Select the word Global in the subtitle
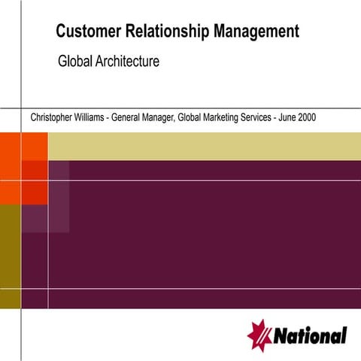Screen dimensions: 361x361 74,62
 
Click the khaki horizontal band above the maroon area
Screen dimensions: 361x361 203,145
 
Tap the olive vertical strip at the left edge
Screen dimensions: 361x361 9,256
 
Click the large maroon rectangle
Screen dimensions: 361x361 211,233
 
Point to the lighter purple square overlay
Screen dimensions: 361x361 59,196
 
